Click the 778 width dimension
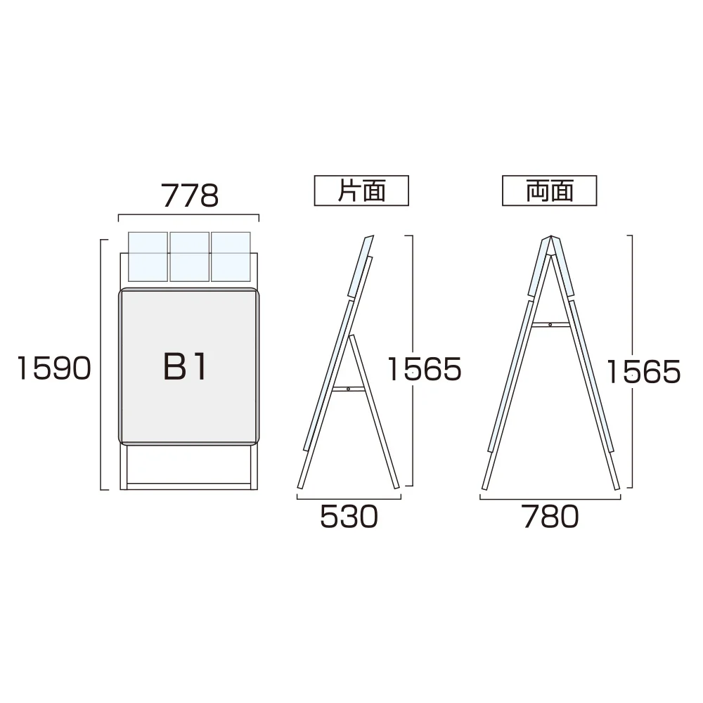pos(190,195)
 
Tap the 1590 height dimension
pos(54,368)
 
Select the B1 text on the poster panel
pos(185,366)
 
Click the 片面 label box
pos(361,191)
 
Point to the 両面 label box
pos(549,191)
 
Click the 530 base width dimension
pos(349,517)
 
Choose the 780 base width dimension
pos(550,517)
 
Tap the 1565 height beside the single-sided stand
pos(424,370)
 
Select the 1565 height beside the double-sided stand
pos(643,372)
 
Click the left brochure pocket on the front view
pos(148,257)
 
